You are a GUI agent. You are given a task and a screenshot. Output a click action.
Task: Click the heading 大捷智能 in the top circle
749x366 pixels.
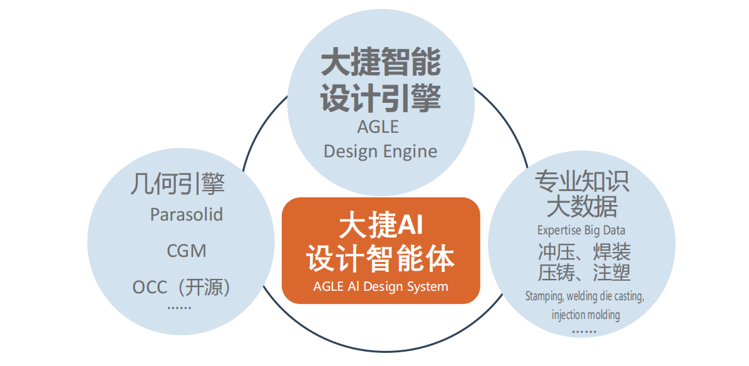[x=381, y=64]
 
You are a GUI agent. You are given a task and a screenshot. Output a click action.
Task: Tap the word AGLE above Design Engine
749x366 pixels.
[x=378, y=127]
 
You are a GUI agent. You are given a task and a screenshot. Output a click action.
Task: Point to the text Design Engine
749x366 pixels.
[x=380, y=151]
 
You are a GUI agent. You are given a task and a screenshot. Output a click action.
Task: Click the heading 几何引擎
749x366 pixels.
[x=177, y=184]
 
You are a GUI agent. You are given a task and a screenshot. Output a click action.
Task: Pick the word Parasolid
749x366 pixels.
[x=187, y=214]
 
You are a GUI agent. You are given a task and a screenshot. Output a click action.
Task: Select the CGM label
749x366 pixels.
[x=187, y=251]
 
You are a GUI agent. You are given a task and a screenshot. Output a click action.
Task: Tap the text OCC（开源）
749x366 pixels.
[x=182, y=287]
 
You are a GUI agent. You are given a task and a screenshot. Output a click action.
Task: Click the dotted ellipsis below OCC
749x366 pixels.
[x=179, y=308]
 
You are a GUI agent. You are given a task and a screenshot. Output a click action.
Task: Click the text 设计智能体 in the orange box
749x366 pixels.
[x=381, y=258]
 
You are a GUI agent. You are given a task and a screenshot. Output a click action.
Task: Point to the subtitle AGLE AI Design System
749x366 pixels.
[x=381, y=286]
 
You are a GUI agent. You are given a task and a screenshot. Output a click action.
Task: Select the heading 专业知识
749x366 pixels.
[x=582, y=182]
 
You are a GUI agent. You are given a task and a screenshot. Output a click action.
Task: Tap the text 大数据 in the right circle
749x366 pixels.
[x=582, y=206]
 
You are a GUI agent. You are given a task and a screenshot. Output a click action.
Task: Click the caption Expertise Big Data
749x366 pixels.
[x=581, y=230]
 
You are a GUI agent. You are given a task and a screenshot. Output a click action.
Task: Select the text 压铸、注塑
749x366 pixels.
[x=584, y=273]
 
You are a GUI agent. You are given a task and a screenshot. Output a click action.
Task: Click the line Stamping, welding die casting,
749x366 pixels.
[x=584, y=296]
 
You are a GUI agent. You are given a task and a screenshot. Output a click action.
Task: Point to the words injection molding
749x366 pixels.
[x=586, y=315]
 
